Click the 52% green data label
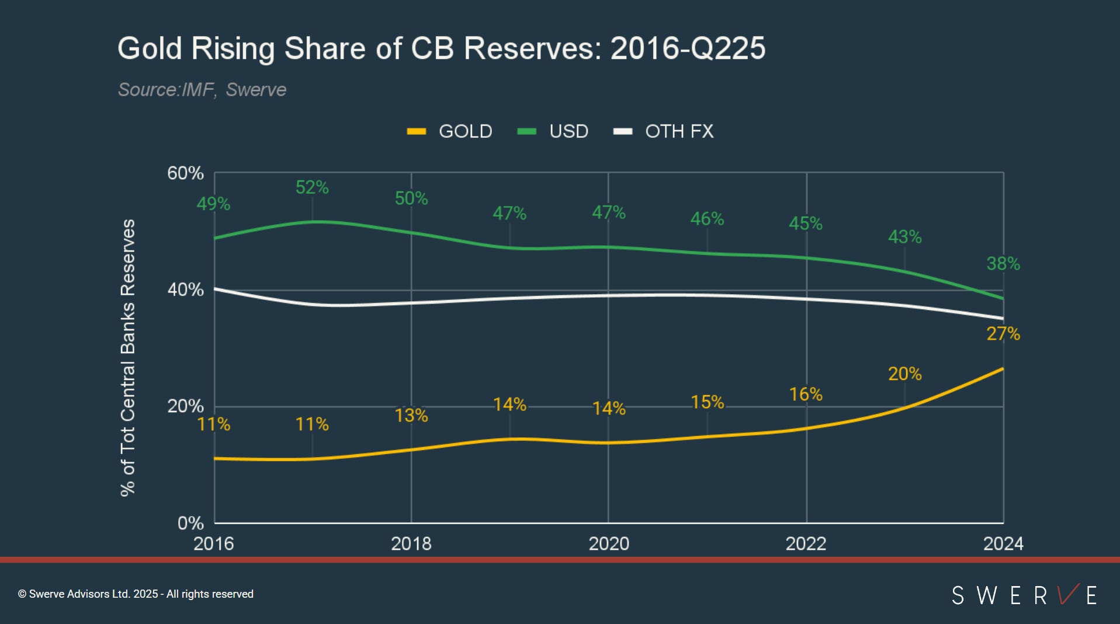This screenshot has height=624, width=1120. point(312,187)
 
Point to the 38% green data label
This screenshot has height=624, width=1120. point(1003,264)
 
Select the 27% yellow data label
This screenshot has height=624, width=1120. point(1003,334)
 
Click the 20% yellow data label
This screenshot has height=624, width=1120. point(904,374)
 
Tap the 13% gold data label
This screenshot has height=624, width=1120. point(411,416)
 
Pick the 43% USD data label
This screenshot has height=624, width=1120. point(904,237)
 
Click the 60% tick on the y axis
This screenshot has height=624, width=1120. point(185,173)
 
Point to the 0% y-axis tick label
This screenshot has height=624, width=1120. point(190,523)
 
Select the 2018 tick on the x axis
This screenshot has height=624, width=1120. point(411,544)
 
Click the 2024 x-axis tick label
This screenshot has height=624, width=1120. point(1003,544)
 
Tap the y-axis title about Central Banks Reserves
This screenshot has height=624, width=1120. point(128,357)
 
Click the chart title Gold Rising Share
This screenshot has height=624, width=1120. point(441,48)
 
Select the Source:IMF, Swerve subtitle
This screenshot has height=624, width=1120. point(202,90)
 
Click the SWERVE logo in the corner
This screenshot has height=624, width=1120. point(1024,595)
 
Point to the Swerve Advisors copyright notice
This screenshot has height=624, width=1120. point(136,594)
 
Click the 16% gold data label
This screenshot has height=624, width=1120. point(806,395)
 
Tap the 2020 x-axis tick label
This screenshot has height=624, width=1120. point(608,544)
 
